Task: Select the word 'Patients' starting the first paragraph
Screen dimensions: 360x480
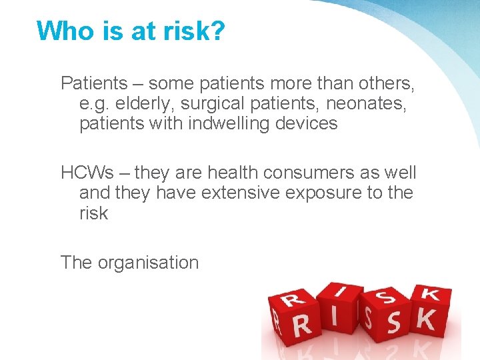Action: (94, 83)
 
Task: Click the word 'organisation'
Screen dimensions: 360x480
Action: (148, 262)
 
